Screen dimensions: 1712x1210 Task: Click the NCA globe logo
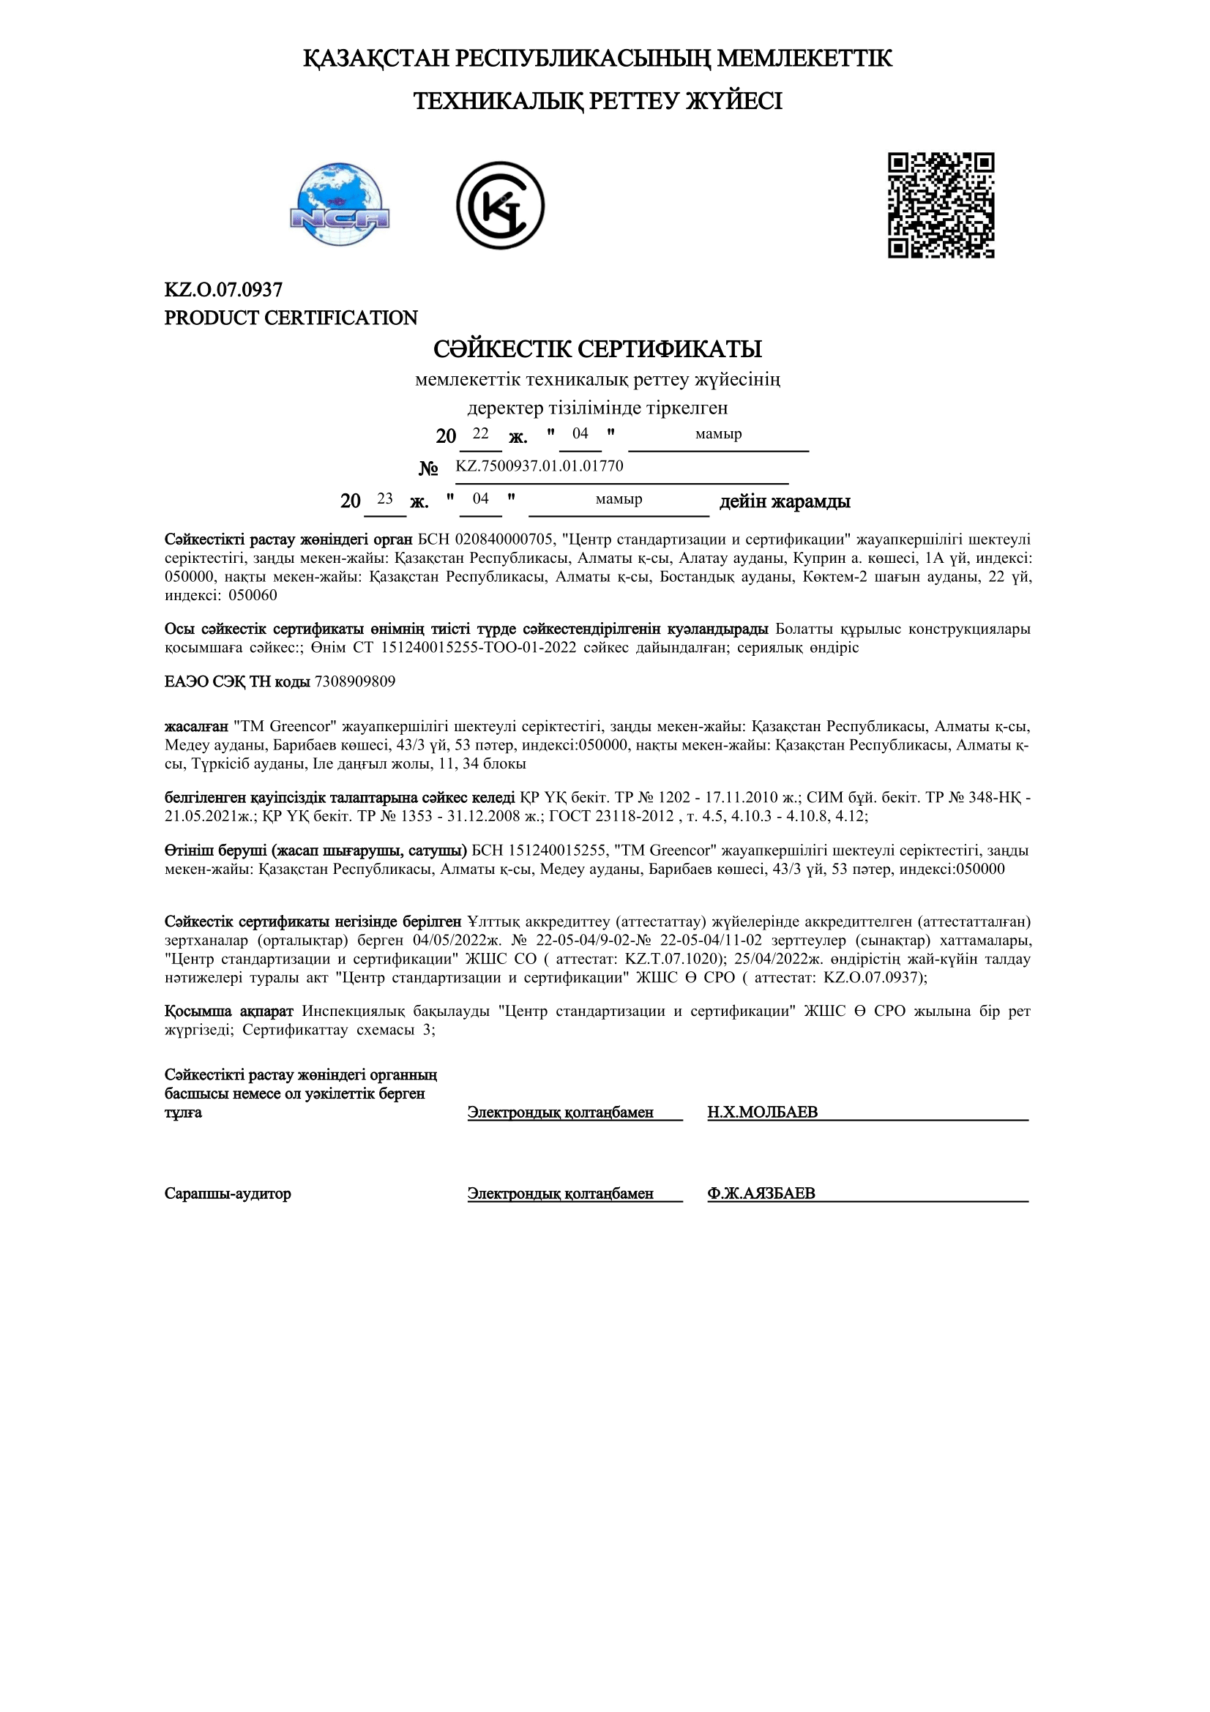point(340,204)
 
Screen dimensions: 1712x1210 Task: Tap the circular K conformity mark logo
point(500,205)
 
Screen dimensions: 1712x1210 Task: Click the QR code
point(941,205)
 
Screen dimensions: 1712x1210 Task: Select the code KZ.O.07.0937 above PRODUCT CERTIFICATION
point(223,289)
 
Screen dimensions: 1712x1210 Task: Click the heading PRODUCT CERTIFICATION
point(291,318)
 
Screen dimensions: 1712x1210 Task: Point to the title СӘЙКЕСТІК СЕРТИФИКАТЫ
point(597,349)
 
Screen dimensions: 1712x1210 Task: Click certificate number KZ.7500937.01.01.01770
point(539,466)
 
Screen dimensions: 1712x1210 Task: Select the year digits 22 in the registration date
point(480,433)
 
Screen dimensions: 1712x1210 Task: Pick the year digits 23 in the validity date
point(385,498)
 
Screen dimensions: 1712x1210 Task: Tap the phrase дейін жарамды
point(784,501)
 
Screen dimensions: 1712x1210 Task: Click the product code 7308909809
point(355,681)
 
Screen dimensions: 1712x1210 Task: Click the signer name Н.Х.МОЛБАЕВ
point(762,1113)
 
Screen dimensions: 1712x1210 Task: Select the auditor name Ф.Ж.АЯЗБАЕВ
point(761,1194)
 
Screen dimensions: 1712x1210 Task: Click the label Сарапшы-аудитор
point(228,1194)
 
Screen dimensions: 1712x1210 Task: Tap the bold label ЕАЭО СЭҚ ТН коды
point(237,681)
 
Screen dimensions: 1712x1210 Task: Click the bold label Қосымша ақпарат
point(229,1011)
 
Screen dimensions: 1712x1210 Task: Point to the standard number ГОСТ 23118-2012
point(609,815)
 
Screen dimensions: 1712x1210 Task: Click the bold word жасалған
point(196,726)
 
